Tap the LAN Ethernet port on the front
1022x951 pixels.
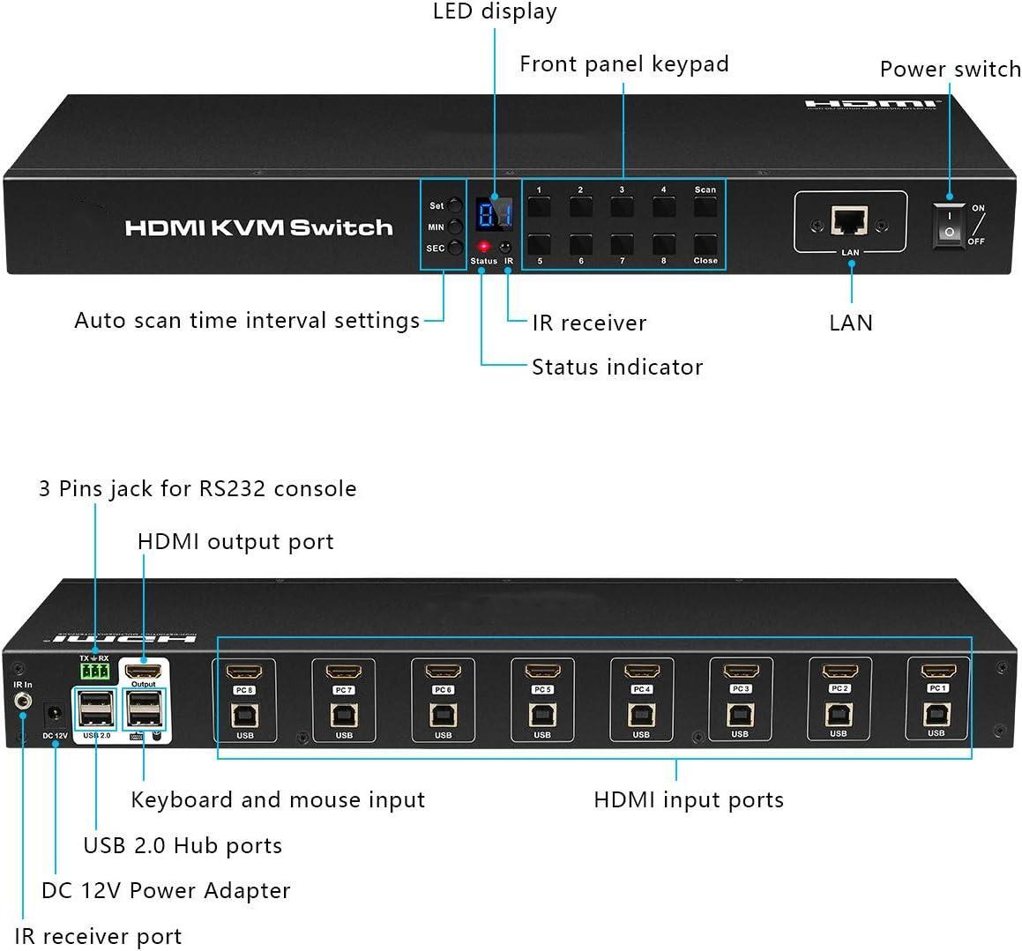(x=849, y=221)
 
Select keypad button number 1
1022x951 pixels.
(x=539, y=207)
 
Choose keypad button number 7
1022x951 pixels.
(x=623, y=243)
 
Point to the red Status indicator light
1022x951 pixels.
(x=483, y=247)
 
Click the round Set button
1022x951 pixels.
(x=455, y=205)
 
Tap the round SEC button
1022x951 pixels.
(x=455, y=249)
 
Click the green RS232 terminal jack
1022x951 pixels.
(x=94, y=672)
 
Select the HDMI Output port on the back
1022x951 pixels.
(x=143, y=671)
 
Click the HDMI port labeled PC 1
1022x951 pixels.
(x=937, y=672)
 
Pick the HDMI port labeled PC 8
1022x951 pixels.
(x=244, y=673)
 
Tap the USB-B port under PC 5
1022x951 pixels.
(x=542, y=714)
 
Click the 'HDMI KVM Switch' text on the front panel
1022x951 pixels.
(x=258, y=227)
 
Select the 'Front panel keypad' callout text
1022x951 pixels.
(x=623, y=64)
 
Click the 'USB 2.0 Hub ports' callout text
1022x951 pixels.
(x=183, y=846)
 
